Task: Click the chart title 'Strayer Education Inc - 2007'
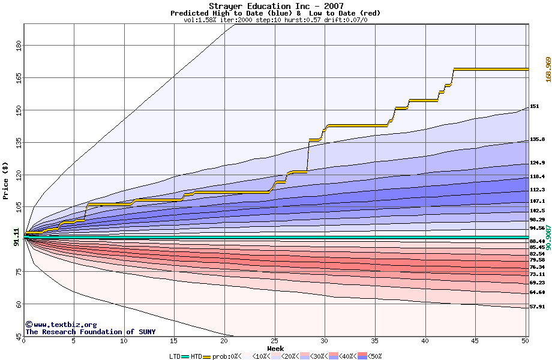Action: click(x=276, y=6)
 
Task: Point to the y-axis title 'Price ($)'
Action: click(x=5, y=181)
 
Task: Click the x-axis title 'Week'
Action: click(x=275, y=349)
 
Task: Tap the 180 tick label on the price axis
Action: click(x=19, y=46)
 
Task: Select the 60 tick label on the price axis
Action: click(x=19, y=304)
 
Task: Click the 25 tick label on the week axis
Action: click(x=275, y=341)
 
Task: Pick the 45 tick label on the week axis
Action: click(x=475, y=341)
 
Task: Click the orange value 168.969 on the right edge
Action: click(x=548, y=70)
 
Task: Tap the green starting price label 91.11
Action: click(x=16, y=237)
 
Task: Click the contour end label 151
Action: click(x=535, y=106)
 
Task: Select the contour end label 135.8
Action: click(x=537, y=139)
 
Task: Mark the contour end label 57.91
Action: click(x=537, y=307)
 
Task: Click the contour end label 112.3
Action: click(x=537, y=190)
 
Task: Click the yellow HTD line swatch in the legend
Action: click(x=206, y=357)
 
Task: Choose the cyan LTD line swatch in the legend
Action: click(x=185, y=357)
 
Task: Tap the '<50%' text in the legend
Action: click(x=375, y=356)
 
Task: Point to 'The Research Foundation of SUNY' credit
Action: click(x=91, y=332)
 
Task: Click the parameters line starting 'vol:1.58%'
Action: click(x=275, y=20)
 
